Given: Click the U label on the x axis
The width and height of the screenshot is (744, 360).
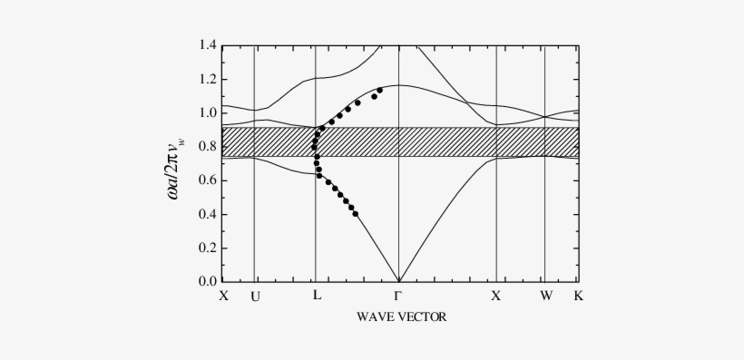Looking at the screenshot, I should point(254,296).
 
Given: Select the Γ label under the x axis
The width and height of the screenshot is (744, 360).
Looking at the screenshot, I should point(398,296).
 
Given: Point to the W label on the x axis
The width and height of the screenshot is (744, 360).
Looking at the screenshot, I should point(545,296).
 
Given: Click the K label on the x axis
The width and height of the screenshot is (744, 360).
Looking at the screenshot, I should point(579,296).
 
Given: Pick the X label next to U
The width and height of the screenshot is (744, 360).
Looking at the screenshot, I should point(224,296).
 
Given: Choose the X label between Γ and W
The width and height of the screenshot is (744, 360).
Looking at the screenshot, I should point(496,296).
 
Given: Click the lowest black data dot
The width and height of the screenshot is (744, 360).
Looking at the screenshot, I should point(355,214).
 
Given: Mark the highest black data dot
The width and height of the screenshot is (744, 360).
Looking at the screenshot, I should point(379,91).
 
